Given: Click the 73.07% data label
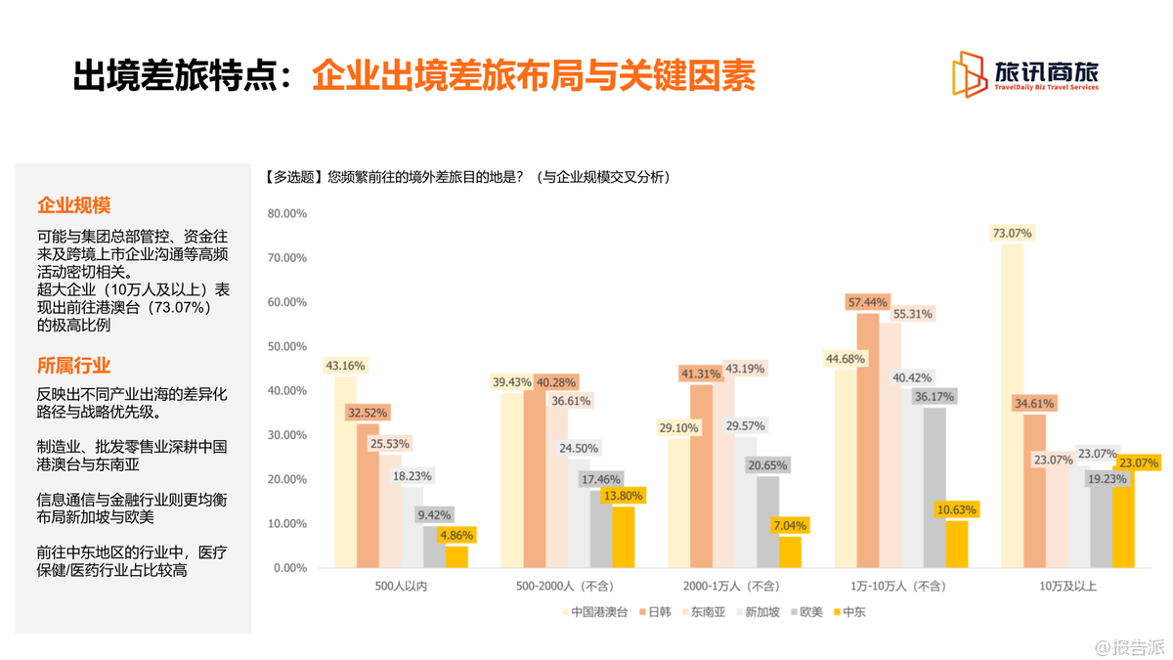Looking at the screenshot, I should tap(1012, 233).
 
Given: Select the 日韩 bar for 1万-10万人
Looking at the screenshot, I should tap(868, 440).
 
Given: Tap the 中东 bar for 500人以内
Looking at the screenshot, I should tap(456, 556).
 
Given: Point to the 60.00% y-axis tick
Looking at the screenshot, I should tap(287, 302).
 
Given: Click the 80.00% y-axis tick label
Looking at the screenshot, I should tap(287, 213).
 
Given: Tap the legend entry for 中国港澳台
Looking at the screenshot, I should tap(592, 613).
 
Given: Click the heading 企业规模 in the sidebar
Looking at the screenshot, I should tap(73, 205).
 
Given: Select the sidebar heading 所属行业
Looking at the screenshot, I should tap(73, 366).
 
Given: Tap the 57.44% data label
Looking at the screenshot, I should tap(868, 302).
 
